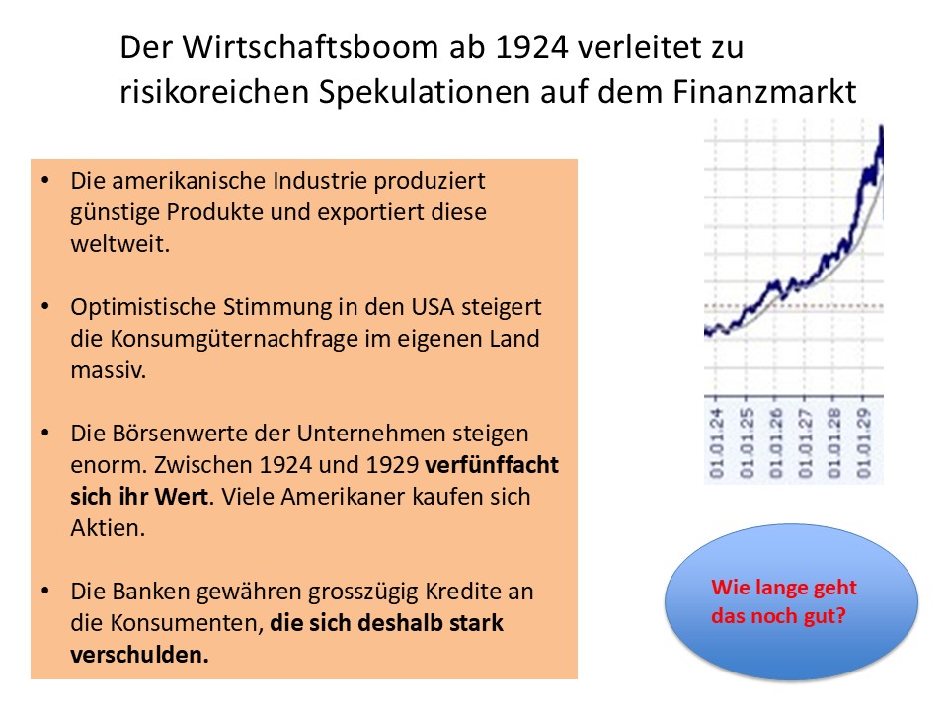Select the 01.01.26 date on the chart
[x=775, y=438]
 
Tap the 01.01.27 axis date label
[x=805, y=438]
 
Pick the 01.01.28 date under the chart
[x=834, y=438]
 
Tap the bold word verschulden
[x=139, y=655]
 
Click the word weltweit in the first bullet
[x=120, y=244]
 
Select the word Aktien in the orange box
[x=108, y=527]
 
